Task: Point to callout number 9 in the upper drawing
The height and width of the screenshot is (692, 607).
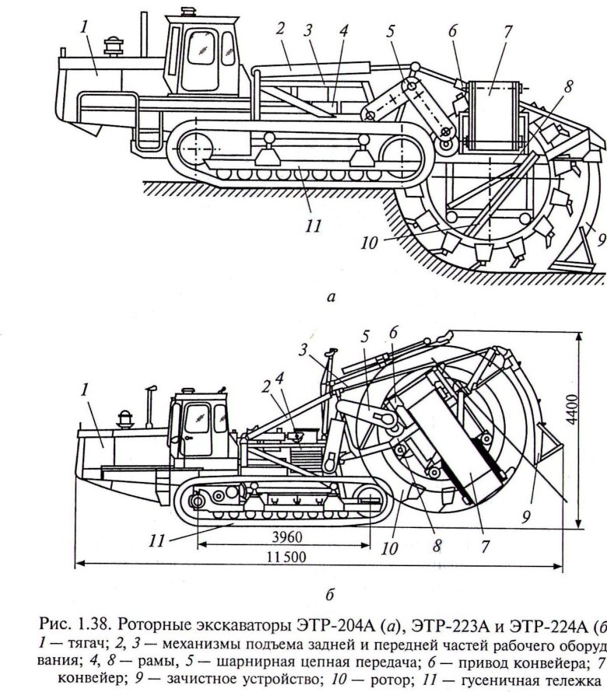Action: coord(600,240)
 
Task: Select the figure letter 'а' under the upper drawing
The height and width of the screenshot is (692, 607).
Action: coord(332,295)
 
